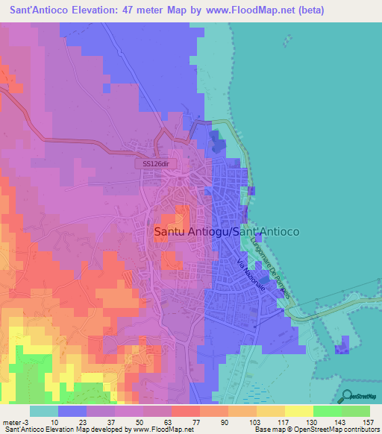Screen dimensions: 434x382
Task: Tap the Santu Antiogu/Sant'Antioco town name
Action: tap(226, 232)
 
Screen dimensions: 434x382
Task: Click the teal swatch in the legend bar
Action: tap(43, 411)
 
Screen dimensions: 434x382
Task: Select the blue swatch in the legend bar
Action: tap(72, 411)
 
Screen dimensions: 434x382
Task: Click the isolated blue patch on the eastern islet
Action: tap(342, 345)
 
